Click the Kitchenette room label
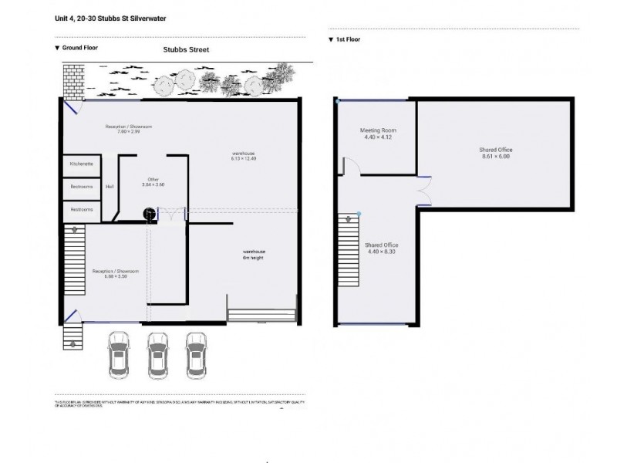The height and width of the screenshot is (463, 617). [x=81, y=164]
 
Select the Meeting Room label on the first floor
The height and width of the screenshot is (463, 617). [x=376, y=130]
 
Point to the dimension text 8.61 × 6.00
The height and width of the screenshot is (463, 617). [x=496, y=157]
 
